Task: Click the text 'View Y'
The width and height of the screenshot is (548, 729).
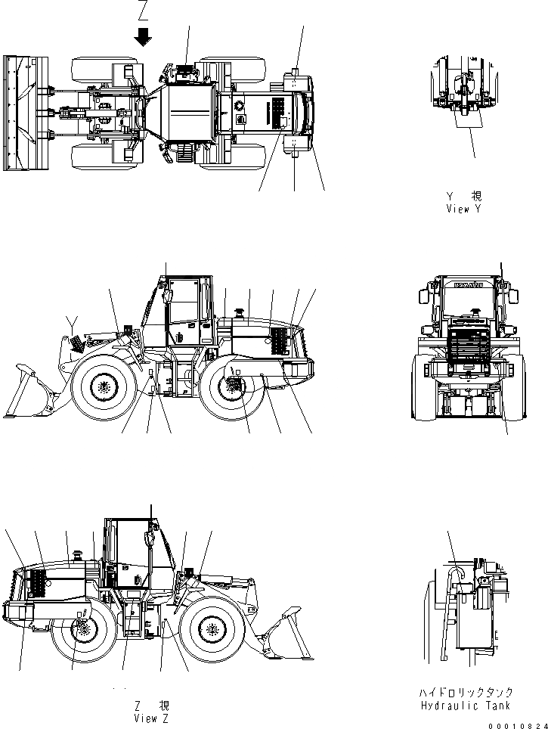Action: pos(463,208)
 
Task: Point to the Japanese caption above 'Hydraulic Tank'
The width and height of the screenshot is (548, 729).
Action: pos(466,692)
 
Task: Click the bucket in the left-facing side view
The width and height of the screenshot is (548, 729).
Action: pos(28,392)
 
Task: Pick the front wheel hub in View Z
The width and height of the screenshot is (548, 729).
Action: pos(211,629)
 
